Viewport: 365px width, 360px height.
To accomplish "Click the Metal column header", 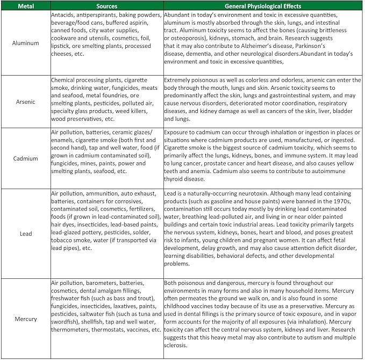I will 26,6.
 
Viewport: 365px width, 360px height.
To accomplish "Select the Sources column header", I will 106,6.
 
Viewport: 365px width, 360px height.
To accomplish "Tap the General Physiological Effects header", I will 263,6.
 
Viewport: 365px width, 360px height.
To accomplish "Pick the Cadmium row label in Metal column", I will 26,159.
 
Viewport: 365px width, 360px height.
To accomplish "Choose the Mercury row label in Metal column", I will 26,319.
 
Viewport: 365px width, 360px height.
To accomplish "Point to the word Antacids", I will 63,15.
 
